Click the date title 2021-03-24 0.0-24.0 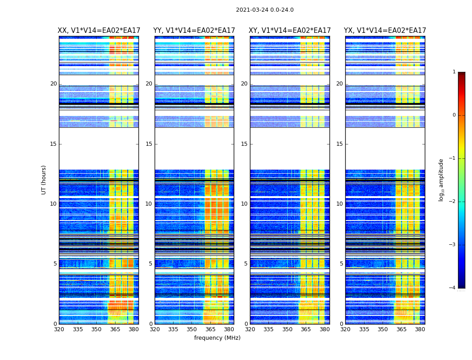point(265,10)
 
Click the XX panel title point(99,31)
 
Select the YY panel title point(194,31)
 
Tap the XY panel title point(289,31)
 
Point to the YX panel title point(385,31)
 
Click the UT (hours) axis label point(44,180)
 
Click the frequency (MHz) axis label point(217,338)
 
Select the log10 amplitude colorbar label point(441,180)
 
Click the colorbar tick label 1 point(454,72)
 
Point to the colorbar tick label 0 point(454,115)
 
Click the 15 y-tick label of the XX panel point(53,144)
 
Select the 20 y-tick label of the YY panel point(149,84)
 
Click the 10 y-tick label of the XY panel point(244,204)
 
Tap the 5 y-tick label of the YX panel point(341,264)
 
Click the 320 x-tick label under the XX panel point(59,329)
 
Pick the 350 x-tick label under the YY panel point(192,329)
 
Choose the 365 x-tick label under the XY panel point(306,329)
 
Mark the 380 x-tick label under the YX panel point(420,329)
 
